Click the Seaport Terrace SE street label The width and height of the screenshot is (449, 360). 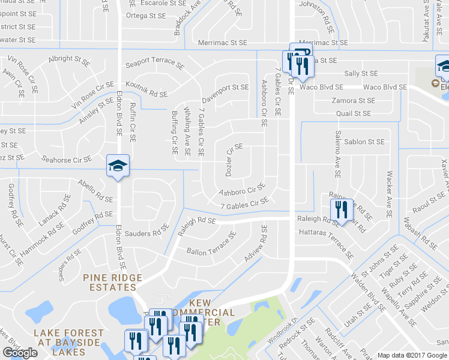(x=154, y=64)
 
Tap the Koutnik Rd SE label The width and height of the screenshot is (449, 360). (x=146, y=90)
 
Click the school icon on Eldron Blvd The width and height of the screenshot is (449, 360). (x=118, y=166)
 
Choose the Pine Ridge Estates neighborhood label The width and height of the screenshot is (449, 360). (x=113, y=282)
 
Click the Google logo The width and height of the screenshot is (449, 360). (x=20, y=353)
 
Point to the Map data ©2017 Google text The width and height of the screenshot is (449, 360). (x=412, y=355)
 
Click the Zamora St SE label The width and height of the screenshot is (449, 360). (x=353, y=100)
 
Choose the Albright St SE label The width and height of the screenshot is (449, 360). (x=69, y=59)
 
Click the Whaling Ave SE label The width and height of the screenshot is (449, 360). (x=187, y=131)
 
